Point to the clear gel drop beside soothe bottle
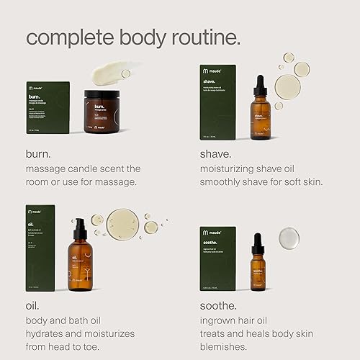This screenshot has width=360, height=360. coord(289,238)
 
